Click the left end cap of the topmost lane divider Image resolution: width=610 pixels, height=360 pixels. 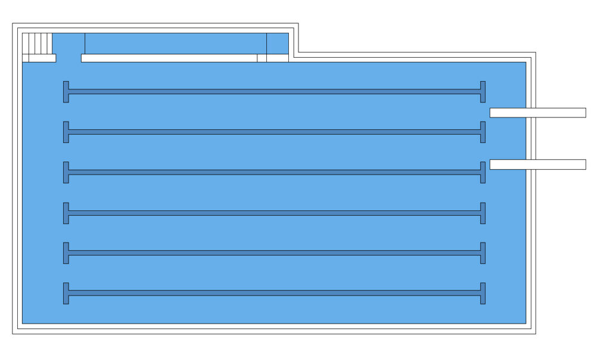66,92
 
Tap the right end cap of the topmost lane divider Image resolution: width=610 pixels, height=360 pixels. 483,92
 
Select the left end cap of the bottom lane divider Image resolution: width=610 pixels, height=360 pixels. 66,293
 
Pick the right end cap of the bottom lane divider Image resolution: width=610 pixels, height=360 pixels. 483,293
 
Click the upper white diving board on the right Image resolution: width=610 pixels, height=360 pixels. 537,113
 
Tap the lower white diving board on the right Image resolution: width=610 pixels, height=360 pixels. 537,165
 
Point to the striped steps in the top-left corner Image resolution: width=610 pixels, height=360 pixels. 37,44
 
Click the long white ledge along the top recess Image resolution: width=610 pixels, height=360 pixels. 169,58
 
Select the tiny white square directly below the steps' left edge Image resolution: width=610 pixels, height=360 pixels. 26,58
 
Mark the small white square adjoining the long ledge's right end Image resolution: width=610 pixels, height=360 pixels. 262,58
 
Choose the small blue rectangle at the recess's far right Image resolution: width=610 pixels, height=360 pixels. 278,44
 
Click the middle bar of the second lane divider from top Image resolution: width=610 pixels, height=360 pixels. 274,132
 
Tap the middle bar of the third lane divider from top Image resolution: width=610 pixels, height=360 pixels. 274,172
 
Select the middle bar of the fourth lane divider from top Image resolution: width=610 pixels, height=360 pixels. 274,213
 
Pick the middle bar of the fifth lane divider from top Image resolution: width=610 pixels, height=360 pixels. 274,253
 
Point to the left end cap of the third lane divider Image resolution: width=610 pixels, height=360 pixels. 66,172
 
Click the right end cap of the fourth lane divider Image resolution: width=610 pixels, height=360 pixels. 483,213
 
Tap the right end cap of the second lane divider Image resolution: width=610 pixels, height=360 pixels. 483,132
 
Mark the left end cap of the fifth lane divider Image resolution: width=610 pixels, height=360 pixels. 66,253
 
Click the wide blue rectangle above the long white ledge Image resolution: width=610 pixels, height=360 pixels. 175,44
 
